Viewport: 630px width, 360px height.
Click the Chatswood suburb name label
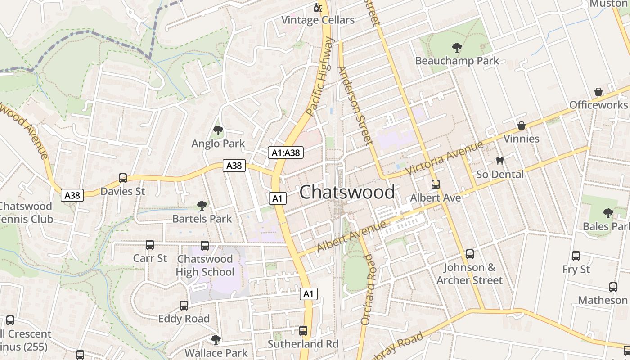pyautogui.click(x=347, y=192)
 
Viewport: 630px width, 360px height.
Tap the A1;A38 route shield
pyautogui.click(x=286, y=153)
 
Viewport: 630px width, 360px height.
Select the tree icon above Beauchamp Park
pyautogui.click(x=457, y=47)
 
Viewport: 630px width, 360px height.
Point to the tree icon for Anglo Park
pyautogui.click(x=218, y=130)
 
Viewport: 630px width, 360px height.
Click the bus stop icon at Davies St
pyautogui.click(x=123, y=178)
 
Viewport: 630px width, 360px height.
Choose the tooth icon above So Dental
pyautogui.click(x=499, y=161)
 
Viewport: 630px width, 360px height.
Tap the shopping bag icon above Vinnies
pyautogui.click(x=521, y=125)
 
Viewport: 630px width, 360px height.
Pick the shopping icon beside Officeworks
pyautogui.click(x=598, y=92)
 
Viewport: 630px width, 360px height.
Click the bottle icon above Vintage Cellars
pyautogui.click(x=318, y=7)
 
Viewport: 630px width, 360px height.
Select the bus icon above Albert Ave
pyautogui.click(x=435, y=184)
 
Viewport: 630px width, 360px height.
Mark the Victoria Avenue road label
pyautogui.click(x=444, y=158)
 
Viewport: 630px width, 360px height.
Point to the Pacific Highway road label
pyautogui.click(x=320, y=76)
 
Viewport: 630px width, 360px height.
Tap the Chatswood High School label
pyautogui.click(x=205, y=265)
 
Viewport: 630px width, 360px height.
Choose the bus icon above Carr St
pyautogui.click(x=150, y=245)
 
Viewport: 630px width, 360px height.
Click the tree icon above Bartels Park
pyautogui.click(x=202, y=206)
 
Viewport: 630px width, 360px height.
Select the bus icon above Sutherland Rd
pyautogui.click(x=303, y=331)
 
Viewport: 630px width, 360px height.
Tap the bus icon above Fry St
pyautogui.click(x=576, y=256)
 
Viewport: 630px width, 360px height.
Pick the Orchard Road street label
pyautogui.click(x=368, y=289)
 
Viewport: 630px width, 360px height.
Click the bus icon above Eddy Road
pyautogui.click(x=184, y=306)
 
